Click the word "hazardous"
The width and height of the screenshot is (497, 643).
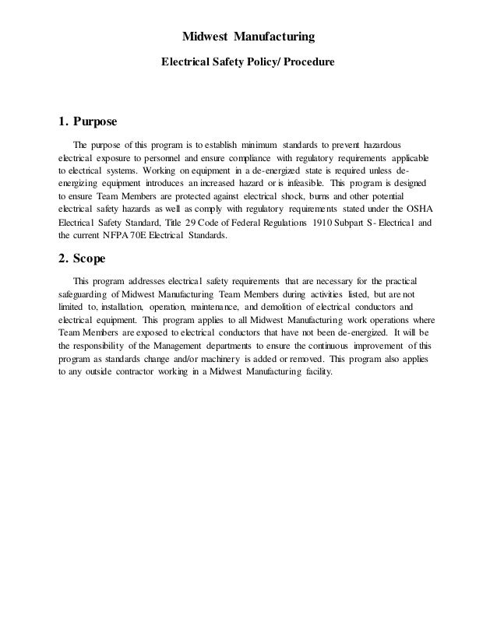pos(376,144)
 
